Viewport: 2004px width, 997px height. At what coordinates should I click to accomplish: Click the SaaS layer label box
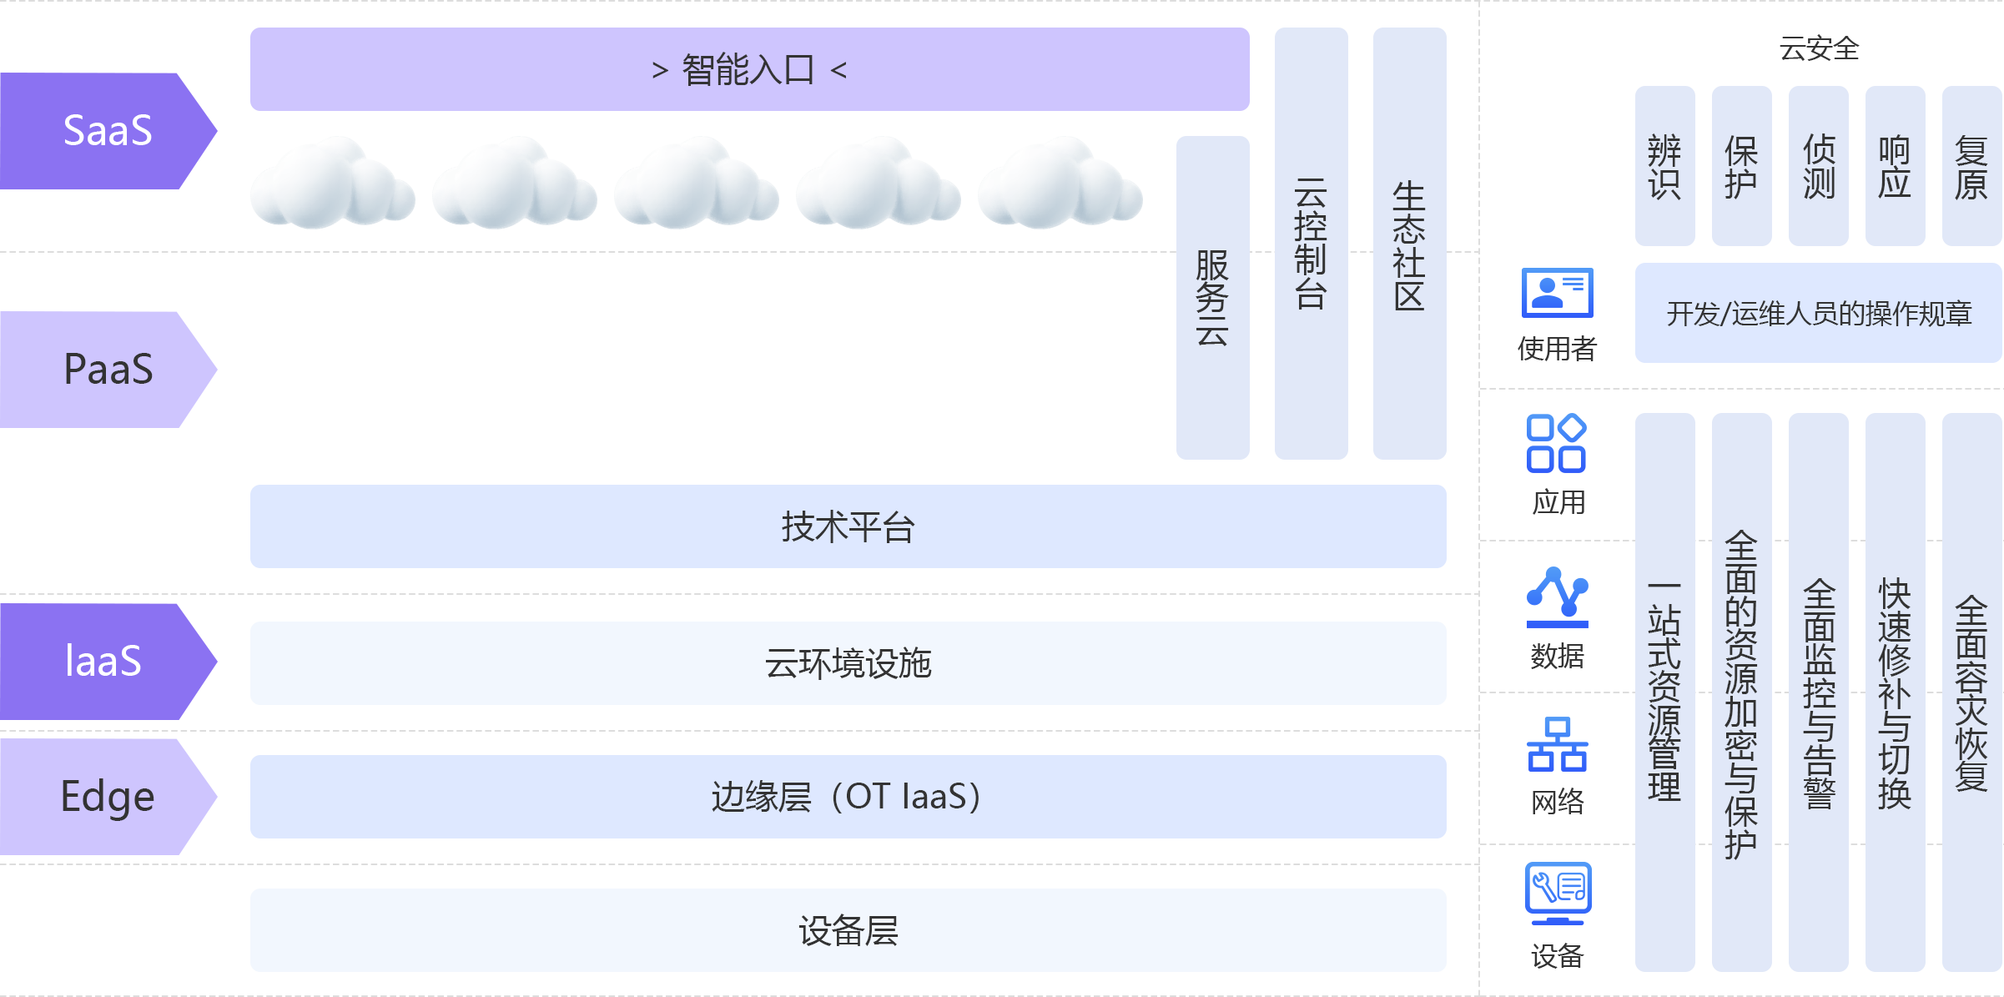click(x=108, y=130)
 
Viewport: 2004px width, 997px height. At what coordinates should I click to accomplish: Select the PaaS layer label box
click(x=108, y=369)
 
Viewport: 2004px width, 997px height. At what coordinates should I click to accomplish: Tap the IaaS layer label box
click(x=108, y=661)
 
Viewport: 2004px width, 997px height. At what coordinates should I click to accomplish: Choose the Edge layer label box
click(x=108, y=796)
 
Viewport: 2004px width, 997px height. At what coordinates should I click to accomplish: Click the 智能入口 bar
click(x=749, y=69)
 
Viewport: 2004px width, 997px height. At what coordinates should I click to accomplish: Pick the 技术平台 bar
click(x=848, y=526)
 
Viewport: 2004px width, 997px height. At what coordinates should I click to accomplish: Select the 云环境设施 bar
click(x=848, y=663)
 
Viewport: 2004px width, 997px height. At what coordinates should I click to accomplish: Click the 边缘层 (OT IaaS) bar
click(x=848, y=797)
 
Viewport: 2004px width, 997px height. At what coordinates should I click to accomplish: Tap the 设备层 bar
click(x=848, y=930)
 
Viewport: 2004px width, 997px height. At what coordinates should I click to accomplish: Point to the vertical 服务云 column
click(x=1212, y=297)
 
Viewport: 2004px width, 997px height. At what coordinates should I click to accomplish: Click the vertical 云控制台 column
click(x=1311, y=243)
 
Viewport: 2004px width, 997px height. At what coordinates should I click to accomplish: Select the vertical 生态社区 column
click(x=1409, y=243)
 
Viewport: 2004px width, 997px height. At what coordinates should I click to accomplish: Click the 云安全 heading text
click(x=1819, y=48)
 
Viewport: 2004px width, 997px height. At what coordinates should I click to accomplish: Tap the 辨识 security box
click(x=1664, y=165)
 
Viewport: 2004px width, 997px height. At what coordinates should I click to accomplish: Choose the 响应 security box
click(x=1895, y=165)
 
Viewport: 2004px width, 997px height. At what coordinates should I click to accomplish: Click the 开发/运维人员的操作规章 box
click(x=1818, y=313)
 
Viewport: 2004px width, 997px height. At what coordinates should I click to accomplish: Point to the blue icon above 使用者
click(x=1557, y=293)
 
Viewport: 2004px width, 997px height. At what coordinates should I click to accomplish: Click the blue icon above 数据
click(x=1557, y=597)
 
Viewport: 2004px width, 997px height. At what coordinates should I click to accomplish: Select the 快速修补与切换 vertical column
click(x=1895, y=692)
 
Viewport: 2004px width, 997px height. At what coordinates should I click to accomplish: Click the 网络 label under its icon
click(x=1557, y=802)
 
